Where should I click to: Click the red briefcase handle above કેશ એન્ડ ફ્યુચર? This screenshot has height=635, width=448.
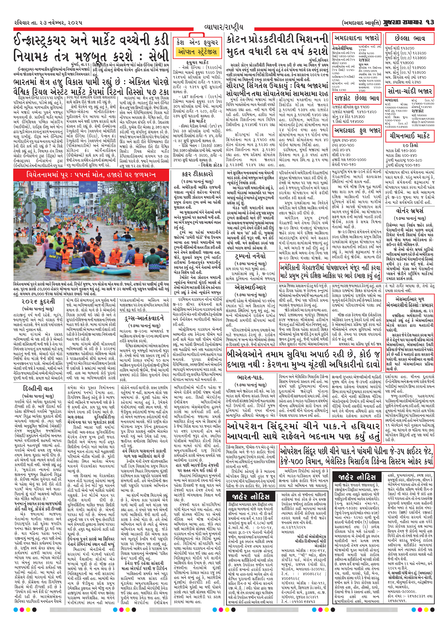point(197,35)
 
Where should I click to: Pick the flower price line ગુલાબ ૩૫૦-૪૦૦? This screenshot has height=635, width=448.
point(345,140)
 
